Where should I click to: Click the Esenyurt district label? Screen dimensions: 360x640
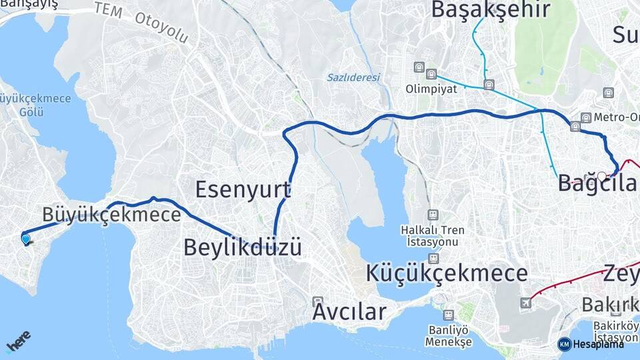(243, 189)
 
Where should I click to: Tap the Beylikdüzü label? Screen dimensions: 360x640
(243, 247)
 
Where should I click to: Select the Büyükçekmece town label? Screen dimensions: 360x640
(111, 215)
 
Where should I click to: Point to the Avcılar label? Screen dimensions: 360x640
(350, 311)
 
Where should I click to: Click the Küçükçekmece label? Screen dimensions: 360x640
(447, 273)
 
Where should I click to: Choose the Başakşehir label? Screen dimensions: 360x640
(490, 10)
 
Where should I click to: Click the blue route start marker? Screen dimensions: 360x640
(26, 239)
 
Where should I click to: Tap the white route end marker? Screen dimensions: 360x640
(602, 177)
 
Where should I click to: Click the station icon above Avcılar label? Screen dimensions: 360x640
(317, 301)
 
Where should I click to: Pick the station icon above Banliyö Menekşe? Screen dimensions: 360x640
(449, 315)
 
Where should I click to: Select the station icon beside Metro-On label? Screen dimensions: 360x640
(585, 117)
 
